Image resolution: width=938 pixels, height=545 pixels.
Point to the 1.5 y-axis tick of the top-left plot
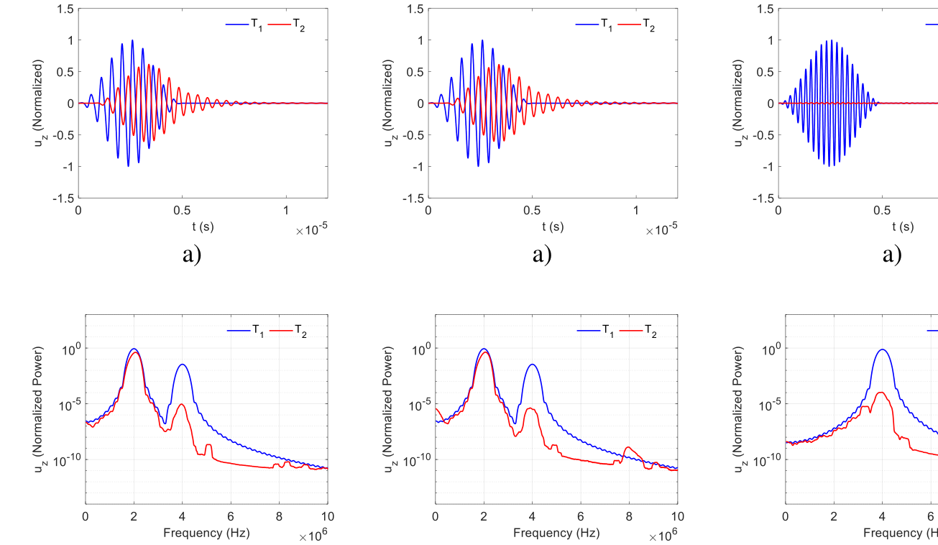click(65, 9)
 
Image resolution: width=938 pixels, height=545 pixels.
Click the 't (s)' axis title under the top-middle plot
click(553, 226)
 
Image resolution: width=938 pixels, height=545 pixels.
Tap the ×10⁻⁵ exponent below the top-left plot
click(311, 230)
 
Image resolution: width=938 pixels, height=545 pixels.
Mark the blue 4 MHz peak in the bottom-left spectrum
click(183, 365)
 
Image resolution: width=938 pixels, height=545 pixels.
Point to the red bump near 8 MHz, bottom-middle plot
click(629, 448)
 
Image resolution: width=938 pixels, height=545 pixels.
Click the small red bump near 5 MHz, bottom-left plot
click(208, 446)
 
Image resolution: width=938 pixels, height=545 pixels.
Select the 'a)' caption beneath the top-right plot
click(891, 255)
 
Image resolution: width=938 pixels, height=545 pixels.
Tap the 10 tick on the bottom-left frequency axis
click(328, 516)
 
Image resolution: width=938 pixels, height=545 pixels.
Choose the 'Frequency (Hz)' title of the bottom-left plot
click(206, 533)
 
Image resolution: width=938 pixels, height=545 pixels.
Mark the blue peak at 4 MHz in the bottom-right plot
click(882, 350)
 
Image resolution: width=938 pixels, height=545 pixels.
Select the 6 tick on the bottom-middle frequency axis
click(581, 516)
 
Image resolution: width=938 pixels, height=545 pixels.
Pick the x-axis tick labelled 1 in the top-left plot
click(286, 211)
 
